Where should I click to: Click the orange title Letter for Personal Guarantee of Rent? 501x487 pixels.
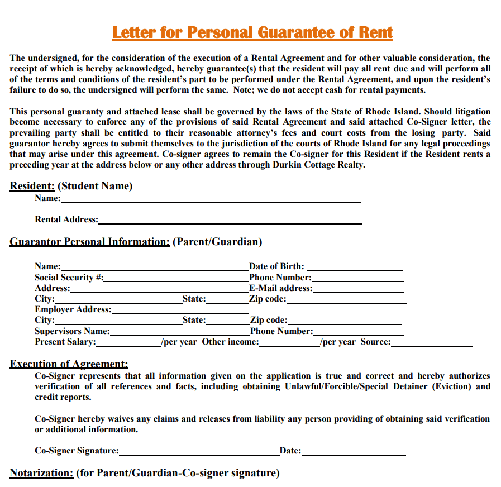click(x=252, y=32)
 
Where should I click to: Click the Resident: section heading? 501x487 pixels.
click(x=32, y=186)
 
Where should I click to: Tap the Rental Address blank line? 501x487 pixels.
click(x=230, y=222)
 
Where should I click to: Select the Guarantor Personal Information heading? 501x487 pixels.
click(x=89, y=242)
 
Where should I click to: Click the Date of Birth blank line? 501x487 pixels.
click(x=354, y=269)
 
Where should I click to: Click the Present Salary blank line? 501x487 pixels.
click(x=128, y=344)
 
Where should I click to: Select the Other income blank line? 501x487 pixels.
click(x=290, y=344)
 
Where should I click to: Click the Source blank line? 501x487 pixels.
click(x=431, y=344)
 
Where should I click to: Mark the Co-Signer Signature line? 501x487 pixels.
click(x=199, y=453)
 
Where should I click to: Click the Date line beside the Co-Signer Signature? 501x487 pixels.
click(x=354, y=453)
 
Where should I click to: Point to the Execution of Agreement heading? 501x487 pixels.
click(x=69, y=364)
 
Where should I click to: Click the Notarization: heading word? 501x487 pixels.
click(x=41, y=473)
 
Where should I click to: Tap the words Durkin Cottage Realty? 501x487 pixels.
click(x=319, y=165)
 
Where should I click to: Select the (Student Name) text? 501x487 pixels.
click(x=95, y=186)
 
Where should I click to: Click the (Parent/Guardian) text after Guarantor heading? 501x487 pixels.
click(x=217, y=242)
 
